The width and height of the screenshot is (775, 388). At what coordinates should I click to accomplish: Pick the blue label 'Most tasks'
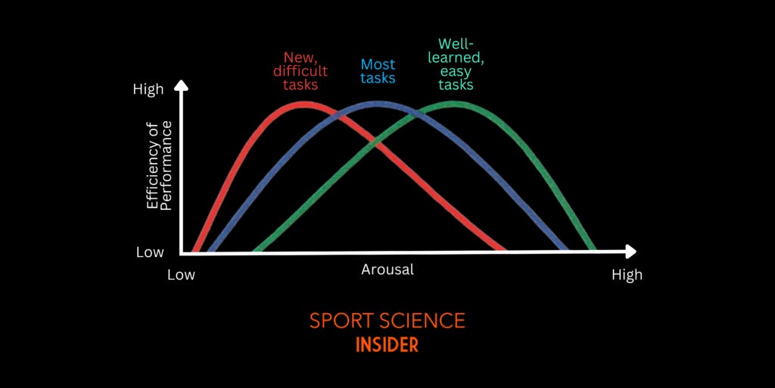point(378,71)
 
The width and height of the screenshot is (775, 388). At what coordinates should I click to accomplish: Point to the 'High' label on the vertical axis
point(148,89)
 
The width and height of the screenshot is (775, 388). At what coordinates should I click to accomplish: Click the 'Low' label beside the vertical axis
point(150,252)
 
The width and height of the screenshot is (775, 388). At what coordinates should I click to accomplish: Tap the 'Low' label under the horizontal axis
point(181,274)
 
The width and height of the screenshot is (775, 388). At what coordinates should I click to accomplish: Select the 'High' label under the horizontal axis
point(627,274)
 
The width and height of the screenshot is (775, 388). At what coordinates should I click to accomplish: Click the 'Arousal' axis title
point(387,269)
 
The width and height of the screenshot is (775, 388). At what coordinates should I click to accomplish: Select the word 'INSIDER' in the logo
point(387,345)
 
